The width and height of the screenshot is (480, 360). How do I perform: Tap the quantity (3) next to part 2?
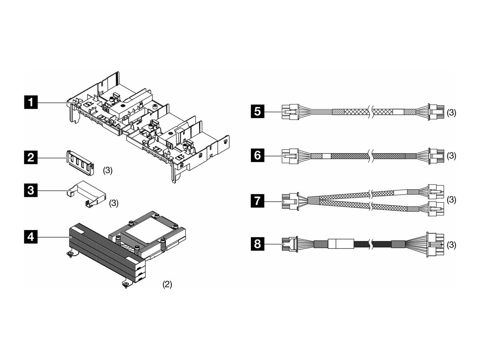(x=108, y=170)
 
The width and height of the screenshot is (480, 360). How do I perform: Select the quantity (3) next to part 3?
(x=114, y=203)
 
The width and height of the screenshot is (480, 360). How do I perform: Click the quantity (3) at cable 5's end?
(x=451, y=112)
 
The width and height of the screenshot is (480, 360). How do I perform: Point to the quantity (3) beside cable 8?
(x=451, y=244)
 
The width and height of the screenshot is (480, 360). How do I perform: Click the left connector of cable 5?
(x=290, y=112)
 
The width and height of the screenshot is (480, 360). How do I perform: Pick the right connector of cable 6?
(x=436, y=156)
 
